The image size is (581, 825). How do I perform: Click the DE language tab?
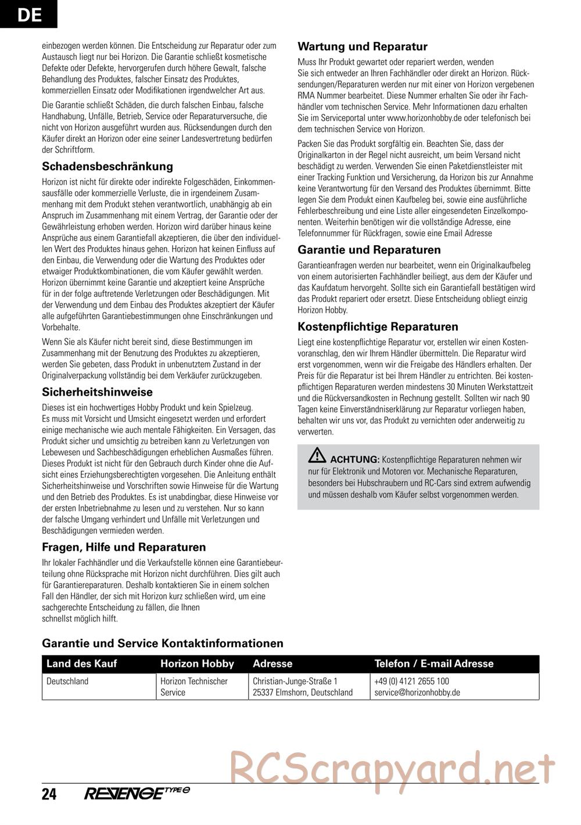28,14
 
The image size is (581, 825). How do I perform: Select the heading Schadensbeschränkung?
107,167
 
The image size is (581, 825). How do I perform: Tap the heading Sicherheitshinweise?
97,392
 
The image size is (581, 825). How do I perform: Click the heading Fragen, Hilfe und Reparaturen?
124,547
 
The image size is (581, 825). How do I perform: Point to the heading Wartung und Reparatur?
362,47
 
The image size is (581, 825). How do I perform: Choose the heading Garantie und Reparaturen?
369,250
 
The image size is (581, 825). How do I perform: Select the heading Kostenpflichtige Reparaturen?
378,327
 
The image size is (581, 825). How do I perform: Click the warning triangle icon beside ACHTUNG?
317,456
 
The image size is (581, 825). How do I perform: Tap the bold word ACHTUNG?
354,459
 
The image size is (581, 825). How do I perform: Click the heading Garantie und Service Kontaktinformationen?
163,643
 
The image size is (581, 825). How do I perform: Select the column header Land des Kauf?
81,663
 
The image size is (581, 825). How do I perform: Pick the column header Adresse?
272,663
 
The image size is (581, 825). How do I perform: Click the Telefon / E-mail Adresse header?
433,663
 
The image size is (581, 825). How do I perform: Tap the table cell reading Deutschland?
67,681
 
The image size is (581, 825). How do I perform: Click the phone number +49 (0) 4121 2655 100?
411,681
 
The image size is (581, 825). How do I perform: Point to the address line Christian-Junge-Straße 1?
295,681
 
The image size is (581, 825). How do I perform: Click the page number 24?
49,794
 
